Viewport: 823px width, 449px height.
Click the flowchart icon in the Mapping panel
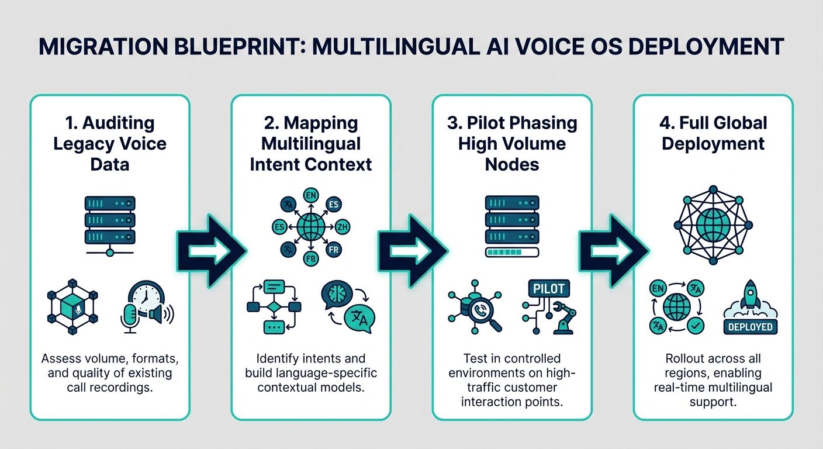point(274,306)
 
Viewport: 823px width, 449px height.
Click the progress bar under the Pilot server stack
point(512,253)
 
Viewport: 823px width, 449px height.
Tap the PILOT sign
point(549,289)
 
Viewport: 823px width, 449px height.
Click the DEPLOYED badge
point(751,327)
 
